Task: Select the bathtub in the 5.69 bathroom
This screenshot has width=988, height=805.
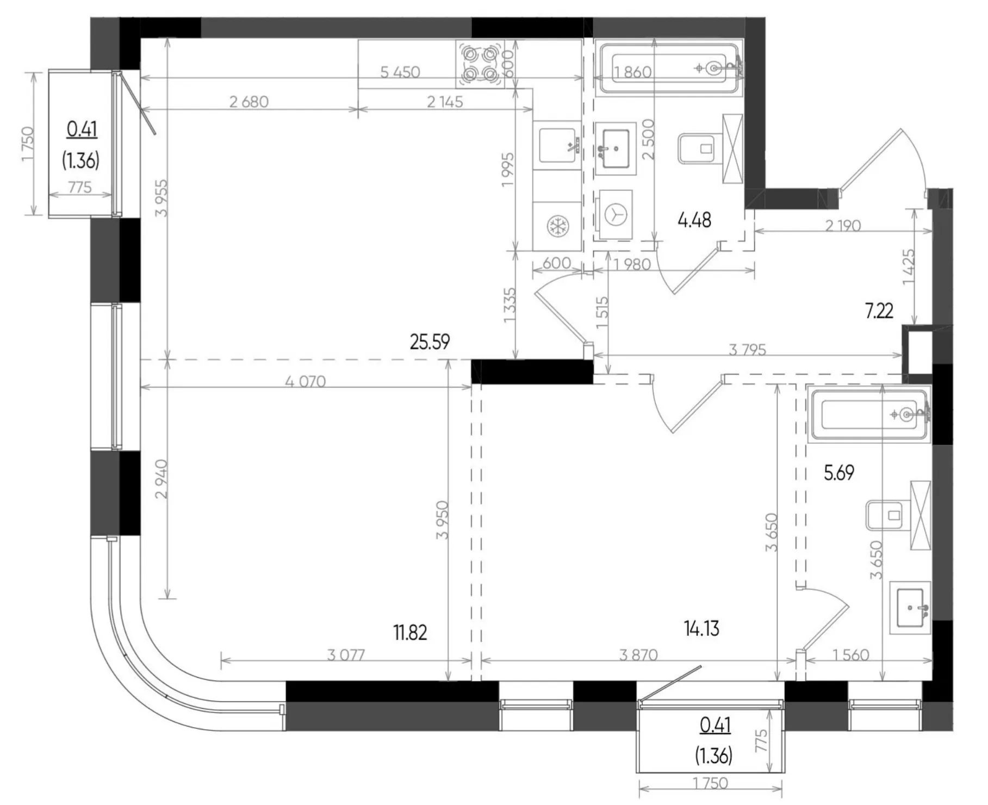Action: pyautogui.click(x=869, y=414)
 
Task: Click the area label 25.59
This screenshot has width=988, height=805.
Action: pyautogui.click(x=430, y=342)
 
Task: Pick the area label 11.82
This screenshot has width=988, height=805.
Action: pyautogui.click(x=410, y=633)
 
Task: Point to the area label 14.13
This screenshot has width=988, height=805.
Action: pyautogui.click(x=701, y=629)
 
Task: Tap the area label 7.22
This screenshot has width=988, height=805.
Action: pyautogui.click(x=879, y=311)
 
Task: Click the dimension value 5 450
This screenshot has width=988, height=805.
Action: pyautogui.click(x=400, y=72)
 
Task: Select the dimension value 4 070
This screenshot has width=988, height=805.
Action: pyautogui.click(x=306, y=381)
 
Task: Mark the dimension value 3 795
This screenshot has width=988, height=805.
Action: pyautogui.click(x=748, y=350)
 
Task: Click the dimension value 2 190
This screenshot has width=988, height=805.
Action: pyautogui.click(x=843, y=225)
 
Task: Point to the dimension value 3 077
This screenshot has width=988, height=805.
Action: pyautogui.click(x=346, y=655)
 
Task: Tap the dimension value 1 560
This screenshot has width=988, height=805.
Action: pyautogui.click(x=851, y=655)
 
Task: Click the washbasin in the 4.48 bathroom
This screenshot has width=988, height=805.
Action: pyautogui.click(x=616, y=148)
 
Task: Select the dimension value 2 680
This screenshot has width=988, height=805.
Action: pyautogui.click(x=249, y=102)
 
